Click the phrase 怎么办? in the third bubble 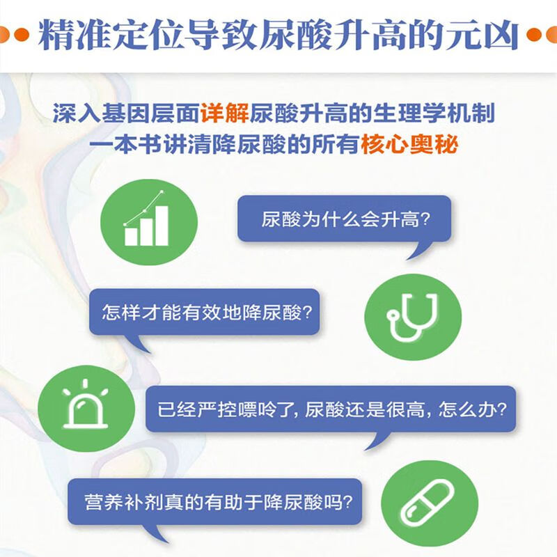473,408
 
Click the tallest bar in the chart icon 162,226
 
